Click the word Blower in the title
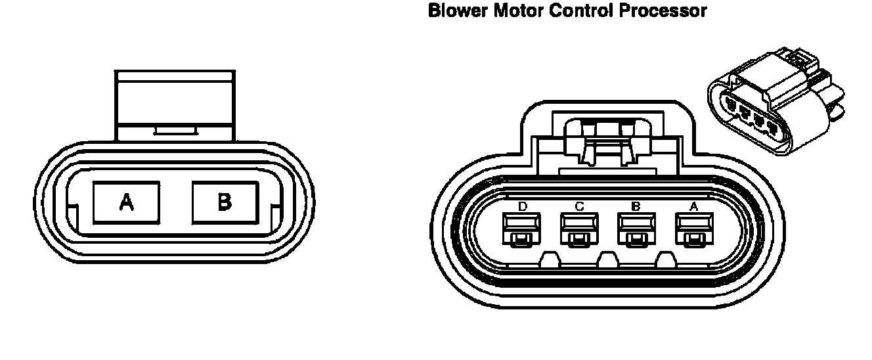(x=458, y=11)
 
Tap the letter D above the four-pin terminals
(x=523, y=207)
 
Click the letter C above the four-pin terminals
(x=579, y=207)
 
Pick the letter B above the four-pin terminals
(x=636, y=207)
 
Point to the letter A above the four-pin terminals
(x=693, y=207)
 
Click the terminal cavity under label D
(x=523, y=231)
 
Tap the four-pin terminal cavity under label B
(x=636, y=231)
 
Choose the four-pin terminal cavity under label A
(x=693, y=231)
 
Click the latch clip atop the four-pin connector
(x=607, y=141)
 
